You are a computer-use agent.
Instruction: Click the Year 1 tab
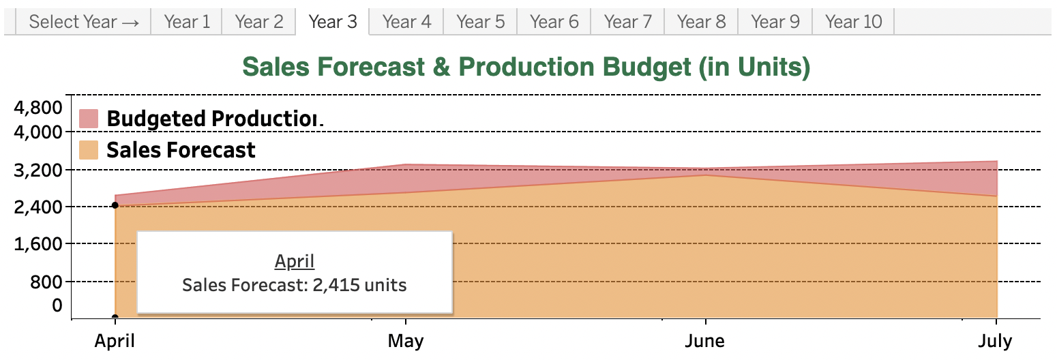187,22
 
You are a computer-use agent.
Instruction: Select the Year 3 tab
332,22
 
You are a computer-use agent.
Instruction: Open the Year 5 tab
481,22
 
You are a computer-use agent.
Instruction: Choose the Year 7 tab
628,22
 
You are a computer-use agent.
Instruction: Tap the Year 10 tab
853,22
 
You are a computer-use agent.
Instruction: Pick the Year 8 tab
702,22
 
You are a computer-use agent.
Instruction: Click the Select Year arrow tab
84,22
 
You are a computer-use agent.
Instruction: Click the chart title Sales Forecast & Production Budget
526,67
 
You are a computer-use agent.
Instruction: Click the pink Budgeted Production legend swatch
89,118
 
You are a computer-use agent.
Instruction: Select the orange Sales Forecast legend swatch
89,150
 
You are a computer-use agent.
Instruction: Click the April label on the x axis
115,341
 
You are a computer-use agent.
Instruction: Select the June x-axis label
704,341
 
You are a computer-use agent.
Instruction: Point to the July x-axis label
996,341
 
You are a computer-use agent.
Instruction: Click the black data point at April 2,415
115,205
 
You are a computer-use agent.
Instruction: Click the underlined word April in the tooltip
295,261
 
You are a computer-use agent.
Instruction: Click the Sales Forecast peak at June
704,175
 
